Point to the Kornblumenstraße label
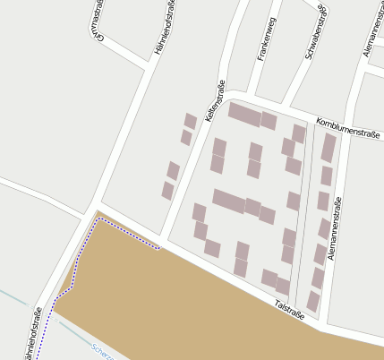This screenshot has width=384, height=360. (x=348, y=128)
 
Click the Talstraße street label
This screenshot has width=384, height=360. (x=290, y=310)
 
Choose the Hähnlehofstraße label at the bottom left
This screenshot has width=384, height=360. (x=33, y=335)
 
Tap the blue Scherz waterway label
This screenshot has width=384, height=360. (x=101, y=350)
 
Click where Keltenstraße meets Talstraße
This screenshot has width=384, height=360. (x=163, y=244)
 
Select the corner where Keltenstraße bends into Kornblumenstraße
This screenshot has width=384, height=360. (x=230, y=92)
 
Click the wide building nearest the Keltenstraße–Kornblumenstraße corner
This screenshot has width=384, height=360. (x=244, y=114)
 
